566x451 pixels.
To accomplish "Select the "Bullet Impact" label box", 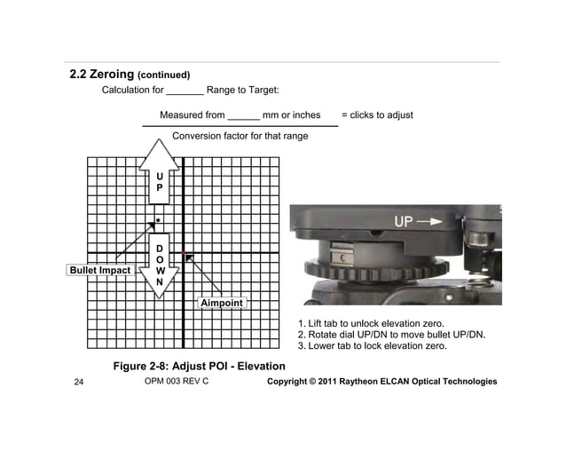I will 100,270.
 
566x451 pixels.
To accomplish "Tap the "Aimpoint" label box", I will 221,304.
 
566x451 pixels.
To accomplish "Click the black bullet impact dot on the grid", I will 158,218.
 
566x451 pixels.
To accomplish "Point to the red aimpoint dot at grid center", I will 184,253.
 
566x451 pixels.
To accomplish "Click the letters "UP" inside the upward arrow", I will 159,182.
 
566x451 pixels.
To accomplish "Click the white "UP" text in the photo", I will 403,222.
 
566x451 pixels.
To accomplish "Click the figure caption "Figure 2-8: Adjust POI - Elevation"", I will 199,366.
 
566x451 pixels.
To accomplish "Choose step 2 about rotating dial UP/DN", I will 390,335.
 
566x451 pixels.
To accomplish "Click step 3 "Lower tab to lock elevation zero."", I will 372,346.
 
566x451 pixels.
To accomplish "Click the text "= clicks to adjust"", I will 377,115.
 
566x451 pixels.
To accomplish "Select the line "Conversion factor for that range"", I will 240,136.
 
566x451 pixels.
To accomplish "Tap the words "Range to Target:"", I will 243,90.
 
